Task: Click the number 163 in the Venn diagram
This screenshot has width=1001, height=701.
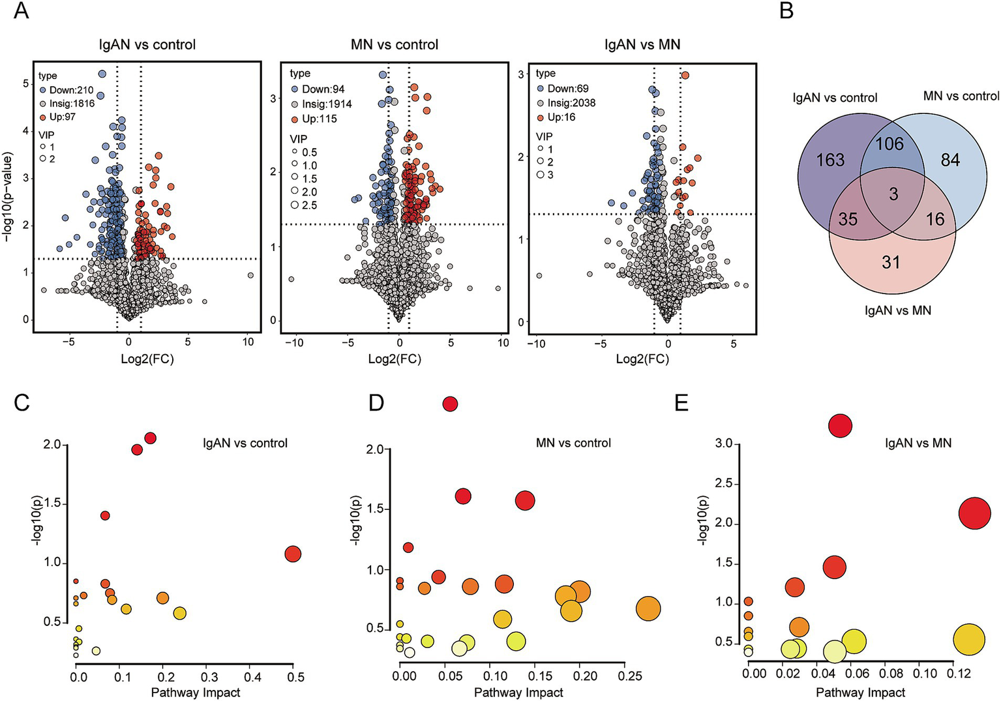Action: click(829, 160)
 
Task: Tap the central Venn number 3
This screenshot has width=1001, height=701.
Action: click(893, 194)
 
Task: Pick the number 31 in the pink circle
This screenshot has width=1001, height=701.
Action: click(891, 262)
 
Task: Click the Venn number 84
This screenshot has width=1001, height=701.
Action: click(950, 160)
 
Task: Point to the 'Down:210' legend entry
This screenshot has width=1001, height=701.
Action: click(70, 90)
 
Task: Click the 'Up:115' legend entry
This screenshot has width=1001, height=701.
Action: click(318, 119)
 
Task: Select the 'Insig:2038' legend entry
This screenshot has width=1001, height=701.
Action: click(571, 103)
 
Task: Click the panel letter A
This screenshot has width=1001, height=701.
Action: click(21, 11)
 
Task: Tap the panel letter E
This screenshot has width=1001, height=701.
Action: click(681, 403)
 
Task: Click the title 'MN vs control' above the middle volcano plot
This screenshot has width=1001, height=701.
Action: click(395, 44)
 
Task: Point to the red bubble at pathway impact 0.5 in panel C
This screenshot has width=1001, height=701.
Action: click(293, 554)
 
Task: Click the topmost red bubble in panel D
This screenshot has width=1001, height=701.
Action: click(450, 404)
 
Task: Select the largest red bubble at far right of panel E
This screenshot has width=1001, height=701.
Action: click(975, 513)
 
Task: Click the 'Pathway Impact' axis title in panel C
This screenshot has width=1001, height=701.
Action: click(196, 693)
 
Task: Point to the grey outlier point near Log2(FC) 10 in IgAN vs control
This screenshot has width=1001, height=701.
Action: click(250, 276)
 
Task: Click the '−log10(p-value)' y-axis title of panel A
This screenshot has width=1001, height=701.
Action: click(8, 198)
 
